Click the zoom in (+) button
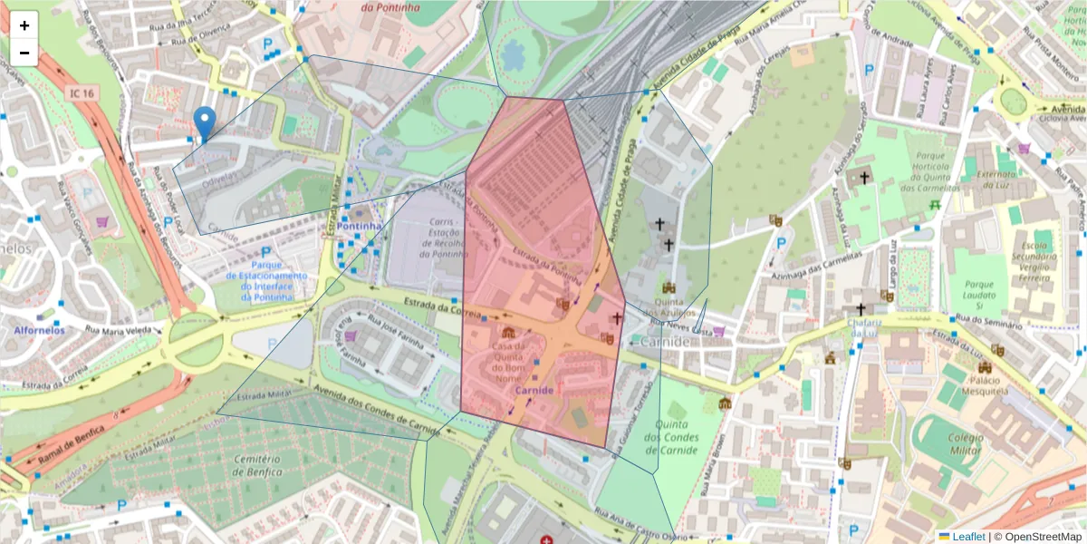tap(24, 25)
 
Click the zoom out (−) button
tap(24, 53)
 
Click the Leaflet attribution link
tap(968, 537)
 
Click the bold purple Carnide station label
tap(534, 390)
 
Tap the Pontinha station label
tap(360, 226)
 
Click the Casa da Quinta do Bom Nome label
tap(507, 362)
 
